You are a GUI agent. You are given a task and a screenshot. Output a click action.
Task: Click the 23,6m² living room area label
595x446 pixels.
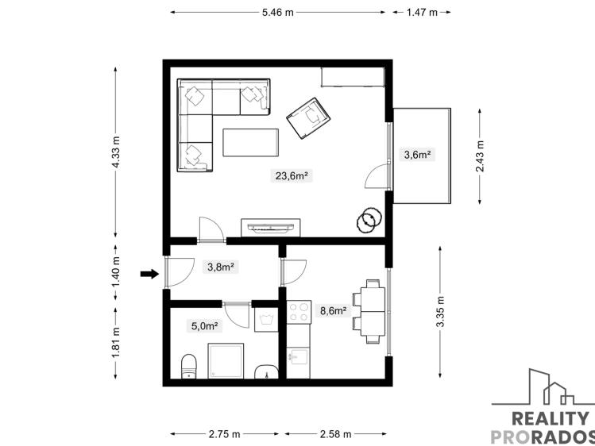pos(292,176)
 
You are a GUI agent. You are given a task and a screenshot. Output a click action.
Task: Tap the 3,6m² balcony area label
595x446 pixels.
pos(417,155)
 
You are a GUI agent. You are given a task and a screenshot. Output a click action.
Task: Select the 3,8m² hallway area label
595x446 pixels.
pos(220,267)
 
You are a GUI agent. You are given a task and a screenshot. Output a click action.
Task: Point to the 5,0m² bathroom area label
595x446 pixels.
pos(204,325)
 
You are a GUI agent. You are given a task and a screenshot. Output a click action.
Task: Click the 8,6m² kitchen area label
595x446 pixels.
pos(333,311)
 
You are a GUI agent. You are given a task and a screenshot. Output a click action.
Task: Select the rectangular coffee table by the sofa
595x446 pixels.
pos(251,144)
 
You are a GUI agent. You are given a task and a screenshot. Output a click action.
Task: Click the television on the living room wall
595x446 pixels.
pos(270,226)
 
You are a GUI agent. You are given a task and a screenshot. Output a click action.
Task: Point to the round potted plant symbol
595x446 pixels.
pos(367,221)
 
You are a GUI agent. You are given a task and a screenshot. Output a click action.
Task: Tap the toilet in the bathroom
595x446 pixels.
pos(189,367)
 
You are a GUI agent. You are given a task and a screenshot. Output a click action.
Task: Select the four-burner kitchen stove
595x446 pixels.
pos(298,312)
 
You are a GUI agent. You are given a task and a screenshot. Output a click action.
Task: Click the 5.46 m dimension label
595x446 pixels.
pos(277,13)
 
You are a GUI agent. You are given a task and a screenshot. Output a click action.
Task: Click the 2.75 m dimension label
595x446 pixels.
pos(224,434)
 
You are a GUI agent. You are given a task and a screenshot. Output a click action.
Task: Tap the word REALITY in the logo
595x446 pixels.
pos(551,418)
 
